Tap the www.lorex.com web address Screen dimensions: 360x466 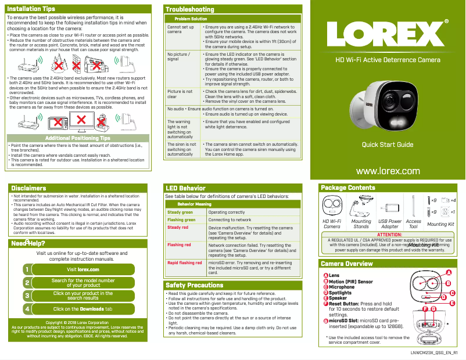pos(387,171)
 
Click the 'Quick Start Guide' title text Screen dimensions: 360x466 pos(388,144)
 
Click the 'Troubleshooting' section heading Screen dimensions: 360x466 pos(190,9)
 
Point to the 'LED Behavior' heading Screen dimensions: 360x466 pos(185,188)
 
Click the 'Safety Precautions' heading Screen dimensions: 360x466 pos(194,285)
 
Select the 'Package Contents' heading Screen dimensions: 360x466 pos(348,188)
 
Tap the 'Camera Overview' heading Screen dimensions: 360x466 pos(347,264)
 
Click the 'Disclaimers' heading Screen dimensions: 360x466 pos(28,188)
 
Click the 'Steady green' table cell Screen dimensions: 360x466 pos(180,213)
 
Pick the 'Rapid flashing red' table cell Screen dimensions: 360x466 pos(185,263)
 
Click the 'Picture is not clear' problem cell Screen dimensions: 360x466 pos(180,94)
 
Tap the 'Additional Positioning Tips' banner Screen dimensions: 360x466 pos(77,138)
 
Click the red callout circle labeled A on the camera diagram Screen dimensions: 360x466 pos(448,273)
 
